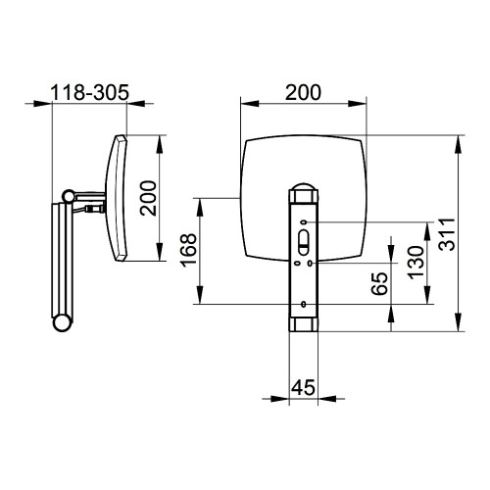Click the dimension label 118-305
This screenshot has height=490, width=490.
coord(90,93)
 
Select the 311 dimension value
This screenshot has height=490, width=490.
coord(447,234)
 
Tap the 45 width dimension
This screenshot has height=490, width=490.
coord(303,388)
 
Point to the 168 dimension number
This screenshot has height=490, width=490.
coord(189,250)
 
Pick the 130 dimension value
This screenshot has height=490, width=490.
coord(416,263)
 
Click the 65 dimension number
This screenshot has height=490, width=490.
coord(380,283)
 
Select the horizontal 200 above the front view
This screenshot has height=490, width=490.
coord(303,92)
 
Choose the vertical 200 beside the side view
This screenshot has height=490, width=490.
coord(148,198)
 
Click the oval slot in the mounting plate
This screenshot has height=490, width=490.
coord(304,242)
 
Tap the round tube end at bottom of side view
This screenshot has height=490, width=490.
coord(62,322)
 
